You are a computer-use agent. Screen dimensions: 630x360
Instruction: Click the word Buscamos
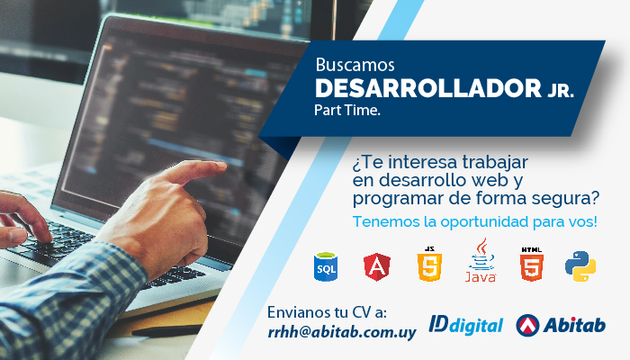[x=355, y=65]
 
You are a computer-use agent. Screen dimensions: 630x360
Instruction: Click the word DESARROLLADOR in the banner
[x=428, y=88]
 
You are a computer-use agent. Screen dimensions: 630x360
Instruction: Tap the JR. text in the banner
[x=560, y=91]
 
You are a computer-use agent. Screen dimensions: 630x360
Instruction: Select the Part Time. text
[x=347, y=110]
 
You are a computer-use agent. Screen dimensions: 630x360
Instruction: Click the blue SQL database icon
[x=326, y=266]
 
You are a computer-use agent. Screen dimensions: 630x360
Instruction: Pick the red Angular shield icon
[x=377, y=266]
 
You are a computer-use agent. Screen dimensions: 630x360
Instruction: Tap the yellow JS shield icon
[x=429, y=264]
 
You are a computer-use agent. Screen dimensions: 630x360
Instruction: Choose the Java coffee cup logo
[x=481, y=260]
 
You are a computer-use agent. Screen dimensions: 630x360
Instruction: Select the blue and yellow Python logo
[x=580, y=266]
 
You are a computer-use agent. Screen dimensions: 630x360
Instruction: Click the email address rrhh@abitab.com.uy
[x=342, y=333]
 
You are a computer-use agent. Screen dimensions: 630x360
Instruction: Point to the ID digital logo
[x=465, y=325]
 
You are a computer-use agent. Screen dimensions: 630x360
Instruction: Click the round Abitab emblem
[x=527, y=325]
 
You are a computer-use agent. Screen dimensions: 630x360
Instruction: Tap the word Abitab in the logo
[x=574, y=325]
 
